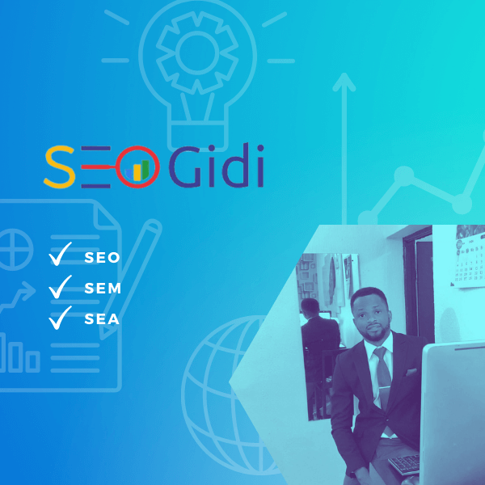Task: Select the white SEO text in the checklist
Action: point(102,258)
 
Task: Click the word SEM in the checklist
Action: point(103,289)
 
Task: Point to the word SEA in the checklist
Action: point(102,319)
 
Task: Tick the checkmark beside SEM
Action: point(61,287)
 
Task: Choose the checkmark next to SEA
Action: point(61,317)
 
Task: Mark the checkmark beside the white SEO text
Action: point(61,255)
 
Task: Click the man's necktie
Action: point(382,376)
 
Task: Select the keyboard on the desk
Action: point(404,463)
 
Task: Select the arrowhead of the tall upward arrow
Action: point(344,81)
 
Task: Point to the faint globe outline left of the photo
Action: point(214,380)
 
